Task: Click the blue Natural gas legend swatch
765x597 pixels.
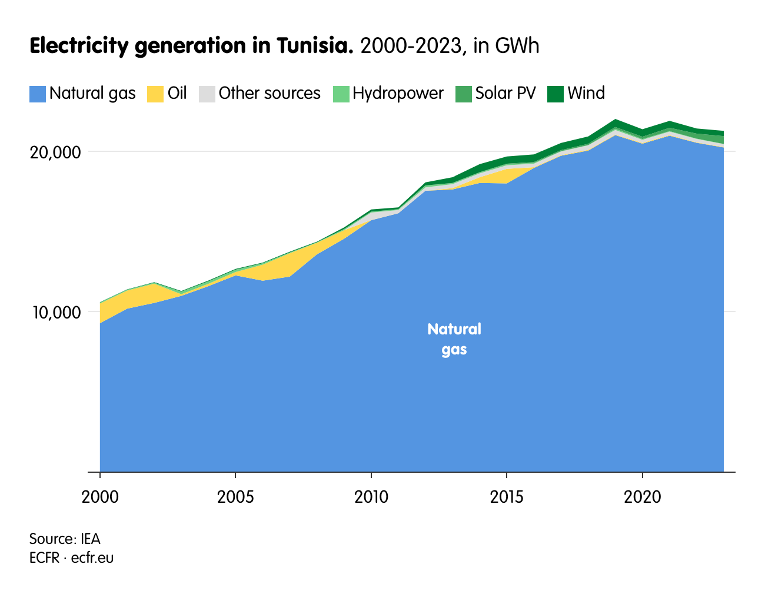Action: pyautogui.click(x=38, y=94)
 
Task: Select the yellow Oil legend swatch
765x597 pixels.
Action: pyautogui.click(x=155, y=94)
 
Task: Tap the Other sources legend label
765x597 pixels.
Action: pyautogui.click(x=270, y=93)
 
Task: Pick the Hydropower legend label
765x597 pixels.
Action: pyautogui.click(x=398, y=93)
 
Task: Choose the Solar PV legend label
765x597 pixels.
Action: pyautogui.click(x=505, y=93)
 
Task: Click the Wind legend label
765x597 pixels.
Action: pyautogui.click(x=586, y=93)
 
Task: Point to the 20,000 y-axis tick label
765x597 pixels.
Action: pyautogui.click(x=55, y=152)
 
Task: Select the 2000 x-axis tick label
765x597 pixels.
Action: pyautogui.click(x=100, y=497)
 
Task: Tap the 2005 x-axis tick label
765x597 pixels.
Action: pyautogui.click(x=235, y=497)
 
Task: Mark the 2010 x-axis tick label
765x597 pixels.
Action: pyautogui.click(x=371, y=497)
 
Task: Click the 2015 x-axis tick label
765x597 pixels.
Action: pyautogui.click(x=507, y=497)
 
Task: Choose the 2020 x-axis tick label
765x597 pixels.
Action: pyautogui.click(x=643, y=497)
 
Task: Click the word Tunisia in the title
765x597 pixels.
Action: pyautogui.click(x=314, y=46)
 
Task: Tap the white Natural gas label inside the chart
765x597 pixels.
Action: pyautogui.click(x=454, y=339)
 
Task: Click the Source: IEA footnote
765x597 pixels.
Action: pyautogui.click(x=65, y=539)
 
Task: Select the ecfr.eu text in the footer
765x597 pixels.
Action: pyautogui.click(x=92, y=557)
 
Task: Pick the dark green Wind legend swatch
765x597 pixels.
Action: pyautogui.click(x=556, y=94)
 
